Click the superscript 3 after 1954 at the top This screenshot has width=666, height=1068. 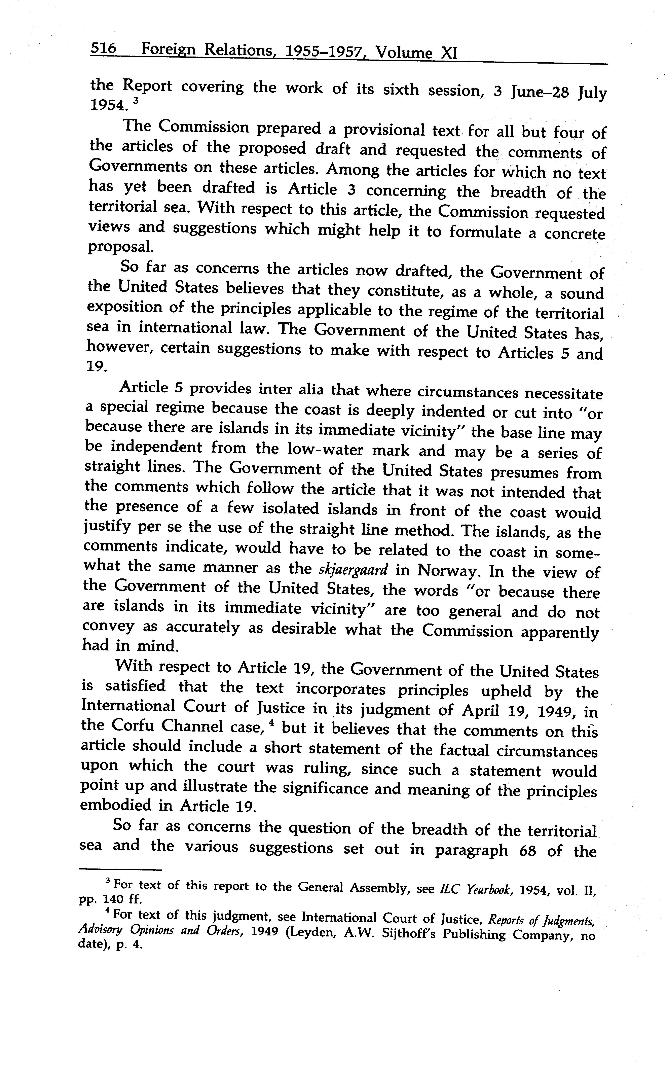[x=136, y=101]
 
